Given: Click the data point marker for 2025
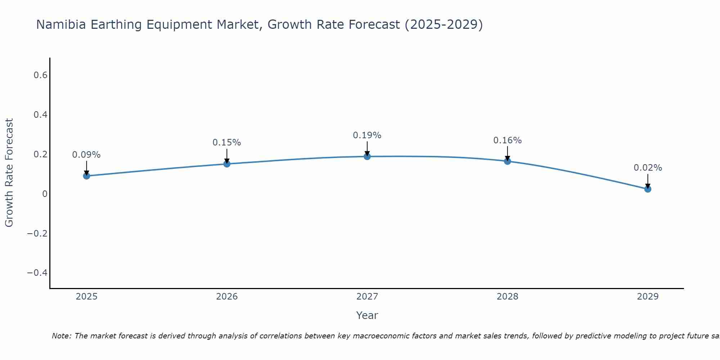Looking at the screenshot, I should [86, 176].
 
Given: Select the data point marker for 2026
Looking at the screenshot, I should [227, 164].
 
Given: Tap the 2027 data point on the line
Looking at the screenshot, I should [367, 156].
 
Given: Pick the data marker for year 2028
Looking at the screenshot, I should [507, 161].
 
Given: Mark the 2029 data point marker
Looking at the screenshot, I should [648, 189].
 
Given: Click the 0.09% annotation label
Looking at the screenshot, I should [86, 155].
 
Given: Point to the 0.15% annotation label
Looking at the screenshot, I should [227, 143].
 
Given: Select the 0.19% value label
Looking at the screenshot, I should [367, 135].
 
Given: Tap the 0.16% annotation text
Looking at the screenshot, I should [507, 140].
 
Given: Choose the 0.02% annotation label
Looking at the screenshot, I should [648, 168].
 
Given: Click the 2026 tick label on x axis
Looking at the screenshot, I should [227, 297].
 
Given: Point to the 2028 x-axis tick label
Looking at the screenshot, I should [507, 297].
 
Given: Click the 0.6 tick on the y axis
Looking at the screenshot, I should [40, 75].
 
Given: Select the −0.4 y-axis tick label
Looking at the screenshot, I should [37, 273].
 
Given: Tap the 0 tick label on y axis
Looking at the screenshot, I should [45, 194].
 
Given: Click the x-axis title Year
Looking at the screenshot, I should [367, 315].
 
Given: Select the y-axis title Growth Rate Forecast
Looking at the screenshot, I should [9, 173].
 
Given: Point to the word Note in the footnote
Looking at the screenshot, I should [61, 336].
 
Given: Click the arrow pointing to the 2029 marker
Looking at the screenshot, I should [648, 181].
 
